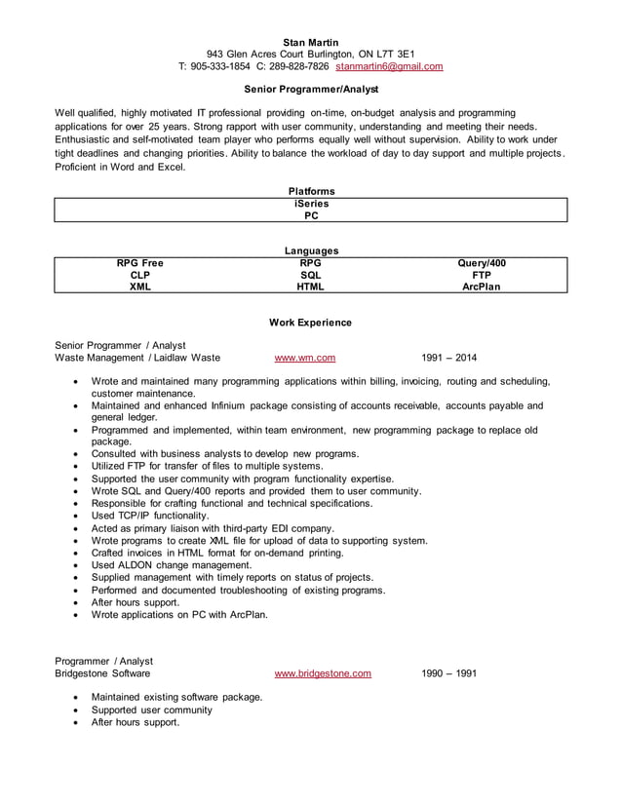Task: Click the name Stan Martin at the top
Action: [311, 42]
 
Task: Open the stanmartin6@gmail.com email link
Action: [389, 67]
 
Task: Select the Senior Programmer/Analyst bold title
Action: [311, 88]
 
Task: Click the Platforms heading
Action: [311, 191]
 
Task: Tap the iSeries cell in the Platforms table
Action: [311, 204]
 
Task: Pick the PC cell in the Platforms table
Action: [311, 216]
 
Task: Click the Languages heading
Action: [311, 250]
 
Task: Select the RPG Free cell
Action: [140, 263]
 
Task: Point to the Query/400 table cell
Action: [482, 263]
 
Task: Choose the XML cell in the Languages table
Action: [140, 287]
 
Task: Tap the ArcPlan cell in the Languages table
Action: [482, 287]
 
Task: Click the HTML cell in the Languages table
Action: [311, 287]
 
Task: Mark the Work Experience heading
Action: [311, 323]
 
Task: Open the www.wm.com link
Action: [305, 358]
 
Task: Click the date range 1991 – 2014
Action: [449, 358]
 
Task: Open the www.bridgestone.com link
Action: [323, 673]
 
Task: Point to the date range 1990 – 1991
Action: [449, 673]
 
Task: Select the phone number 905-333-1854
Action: [220, 67]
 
